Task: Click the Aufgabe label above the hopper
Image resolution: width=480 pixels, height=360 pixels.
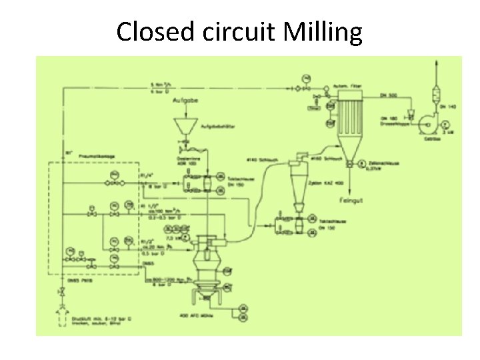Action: (x=185, y=101)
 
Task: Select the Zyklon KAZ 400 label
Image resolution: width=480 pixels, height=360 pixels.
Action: (x=329, y=182)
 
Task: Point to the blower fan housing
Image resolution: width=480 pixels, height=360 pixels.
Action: (x=421, y=124)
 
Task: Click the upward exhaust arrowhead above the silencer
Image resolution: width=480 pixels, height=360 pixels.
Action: (x=436, y=62)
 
